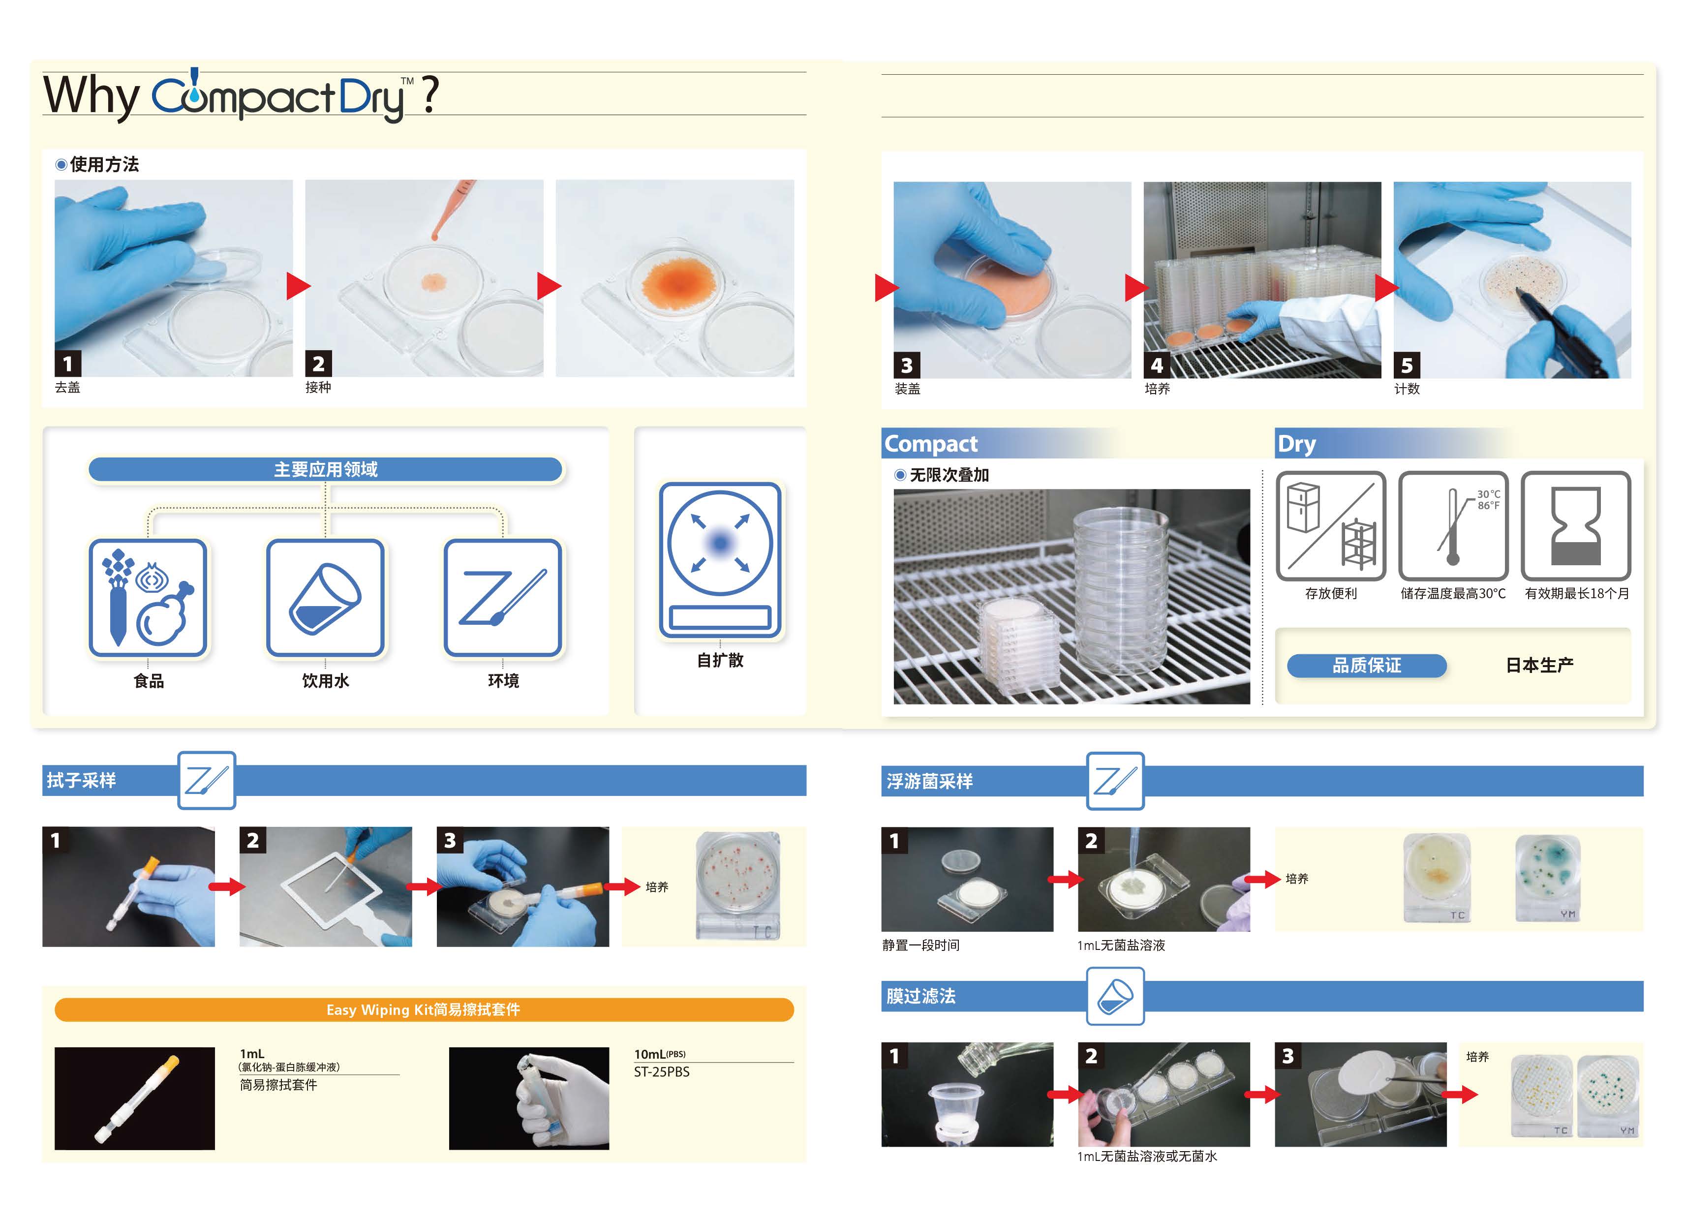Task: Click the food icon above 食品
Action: [x=148, y=598]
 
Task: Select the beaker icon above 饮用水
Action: [x=325, y=598]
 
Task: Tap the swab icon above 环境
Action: [x=503, y=598]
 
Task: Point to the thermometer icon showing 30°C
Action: [x=1453, y=526]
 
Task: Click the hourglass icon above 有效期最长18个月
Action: [x=1576, y=526]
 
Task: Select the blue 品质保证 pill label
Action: [x=1366, y=666]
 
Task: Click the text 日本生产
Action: [x=1539, y=665]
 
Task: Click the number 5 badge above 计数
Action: [x=1407, y=366]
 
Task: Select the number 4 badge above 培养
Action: [x=1157, y=366]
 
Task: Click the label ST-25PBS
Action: [x=661, y=1072]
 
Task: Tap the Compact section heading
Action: [x=931, y=444]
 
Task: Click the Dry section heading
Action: [x=1296, y=444]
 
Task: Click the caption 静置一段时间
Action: [x=920, y=945]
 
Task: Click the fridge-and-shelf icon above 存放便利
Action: [x=1331, y=526]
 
